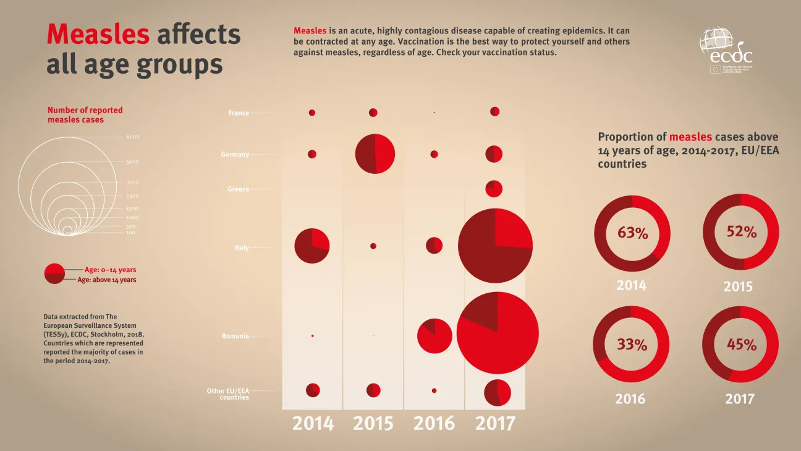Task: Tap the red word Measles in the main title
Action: click(98, 34)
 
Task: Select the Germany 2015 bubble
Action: click(375, 153)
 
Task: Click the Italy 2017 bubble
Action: click(495, 246)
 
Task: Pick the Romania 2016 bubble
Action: click(435, 336)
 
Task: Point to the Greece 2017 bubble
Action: click(493, 189)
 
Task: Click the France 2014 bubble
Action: click(312, 113)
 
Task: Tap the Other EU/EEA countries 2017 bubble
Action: click(497, 392)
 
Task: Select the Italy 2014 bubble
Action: click(312, 246)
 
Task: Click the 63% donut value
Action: click(632, 233)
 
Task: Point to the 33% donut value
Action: click(632, 345)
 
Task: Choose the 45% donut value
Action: click(741, 345)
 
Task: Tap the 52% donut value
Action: click(741, 232)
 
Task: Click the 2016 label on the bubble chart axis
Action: click(434, 424)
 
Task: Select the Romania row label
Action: click(235, 337)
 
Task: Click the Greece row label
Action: click(238, 189)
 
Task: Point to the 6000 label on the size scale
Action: click(133, 137)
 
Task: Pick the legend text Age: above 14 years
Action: click(106, 280)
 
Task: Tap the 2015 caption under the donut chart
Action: click(738, 287)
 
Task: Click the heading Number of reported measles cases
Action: click(85, 115)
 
